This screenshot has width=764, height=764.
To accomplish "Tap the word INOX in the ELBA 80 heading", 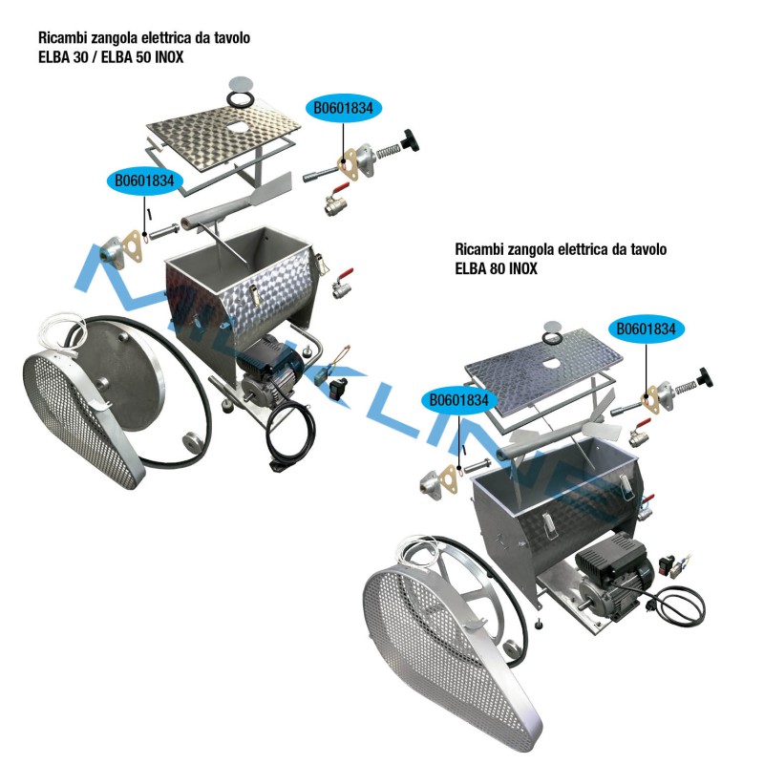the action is (x=523, y=268).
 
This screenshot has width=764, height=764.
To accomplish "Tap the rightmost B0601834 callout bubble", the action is (x=647, y=329).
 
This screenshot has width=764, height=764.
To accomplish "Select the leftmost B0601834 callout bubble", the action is (x=145, y=180).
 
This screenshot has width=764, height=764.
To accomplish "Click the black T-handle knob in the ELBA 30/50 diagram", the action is (x=410, y=140).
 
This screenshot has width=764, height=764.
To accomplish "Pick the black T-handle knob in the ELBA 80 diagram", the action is (x=704, y=376).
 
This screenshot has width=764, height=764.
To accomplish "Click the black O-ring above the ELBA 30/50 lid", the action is (x=241, y=100).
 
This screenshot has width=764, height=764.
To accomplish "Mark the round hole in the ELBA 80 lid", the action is (x=551, y=363).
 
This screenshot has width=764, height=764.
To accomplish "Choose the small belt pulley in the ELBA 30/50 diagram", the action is (x=192, y=442).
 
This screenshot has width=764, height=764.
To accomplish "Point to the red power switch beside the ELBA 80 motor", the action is (x=667, y=563).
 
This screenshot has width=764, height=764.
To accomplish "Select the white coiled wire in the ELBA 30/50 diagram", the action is (x=62, y=332).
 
